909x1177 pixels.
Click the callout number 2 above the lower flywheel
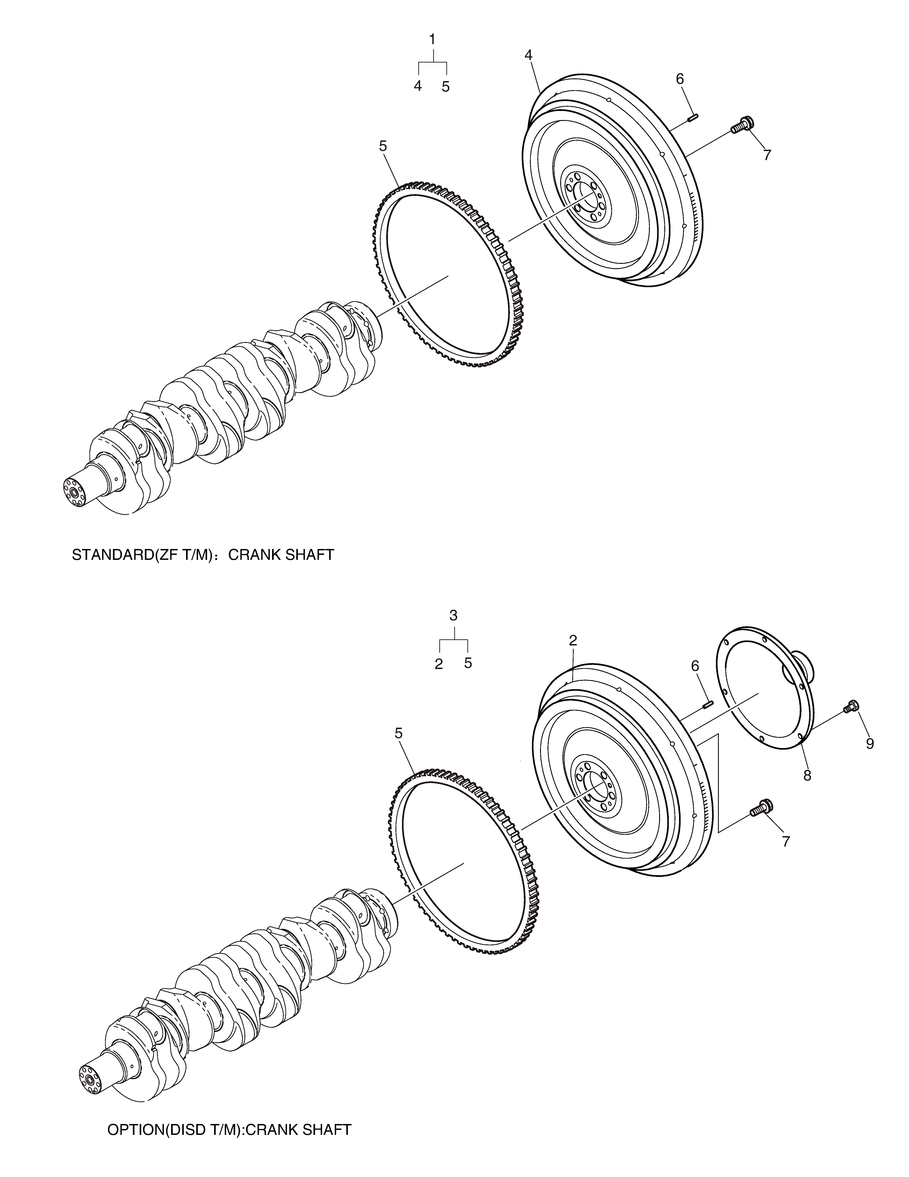[573, 640]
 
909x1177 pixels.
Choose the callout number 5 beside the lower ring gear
[399, 733]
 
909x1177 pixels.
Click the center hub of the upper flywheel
[584, 198]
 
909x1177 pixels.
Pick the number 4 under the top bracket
[418, 86]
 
